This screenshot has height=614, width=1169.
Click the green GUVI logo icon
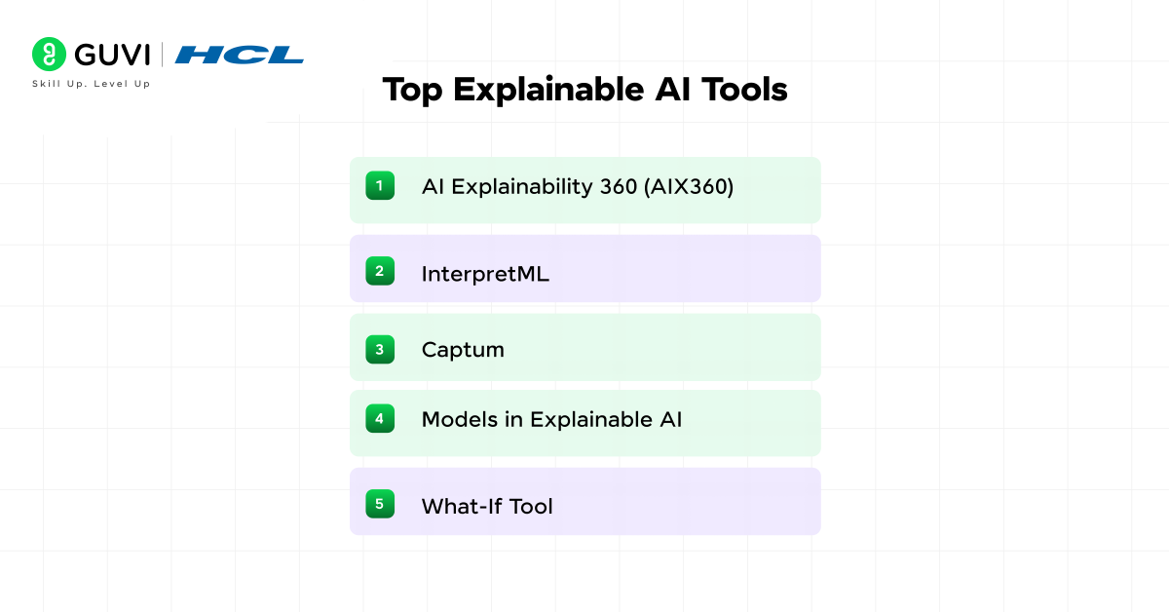click(49, 55)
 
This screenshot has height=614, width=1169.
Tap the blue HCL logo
click(240, 56)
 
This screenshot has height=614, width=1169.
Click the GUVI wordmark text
click(109, 55)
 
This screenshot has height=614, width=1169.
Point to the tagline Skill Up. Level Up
click(92, 84)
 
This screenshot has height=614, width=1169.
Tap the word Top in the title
click(413, 90)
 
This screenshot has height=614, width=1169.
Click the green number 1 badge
click(380, 185)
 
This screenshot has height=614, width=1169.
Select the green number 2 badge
click(380, 271)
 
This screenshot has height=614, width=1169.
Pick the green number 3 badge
click(380, 349)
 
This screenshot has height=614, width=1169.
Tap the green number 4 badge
click(380, 419)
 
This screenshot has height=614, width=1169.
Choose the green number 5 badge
click(380, 504)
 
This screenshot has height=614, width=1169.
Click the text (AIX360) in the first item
click(689, 186)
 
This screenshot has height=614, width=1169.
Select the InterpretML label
click(485, 274)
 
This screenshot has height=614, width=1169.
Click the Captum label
click(463, 350)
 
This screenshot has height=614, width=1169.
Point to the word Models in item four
click(457, 420)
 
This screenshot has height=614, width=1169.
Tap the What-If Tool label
click(487, 506)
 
